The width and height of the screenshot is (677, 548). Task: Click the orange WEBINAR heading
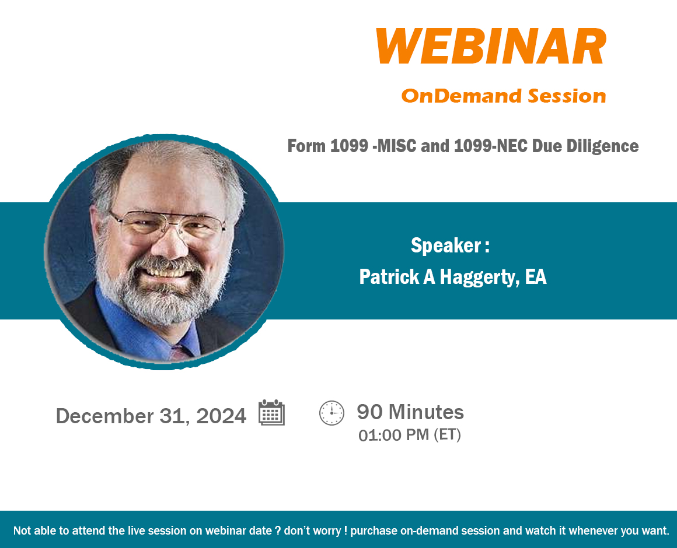click(491, 46)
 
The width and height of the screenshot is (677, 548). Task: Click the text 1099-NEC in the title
click(490, 146)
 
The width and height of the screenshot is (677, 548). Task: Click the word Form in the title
click(306, 146)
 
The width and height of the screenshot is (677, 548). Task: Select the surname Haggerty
click(480, 277)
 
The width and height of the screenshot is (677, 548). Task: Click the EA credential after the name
click(536, 276)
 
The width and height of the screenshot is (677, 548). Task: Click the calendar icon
click(271, 413)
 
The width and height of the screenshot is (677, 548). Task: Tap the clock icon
click(331, 413)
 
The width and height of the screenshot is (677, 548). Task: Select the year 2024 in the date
click(221, 416)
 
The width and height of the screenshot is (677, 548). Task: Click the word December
click(105, 416)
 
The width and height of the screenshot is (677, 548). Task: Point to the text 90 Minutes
click(410, 412)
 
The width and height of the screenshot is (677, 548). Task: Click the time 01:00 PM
click(394, 435)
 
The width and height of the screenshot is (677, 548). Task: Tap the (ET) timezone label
click(447, 434)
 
